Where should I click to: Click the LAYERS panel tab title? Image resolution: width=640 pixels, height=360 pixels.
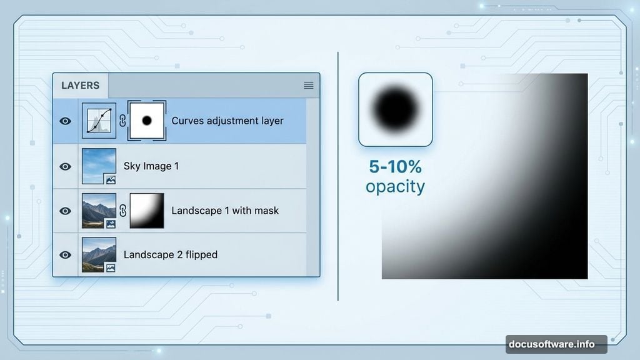80,86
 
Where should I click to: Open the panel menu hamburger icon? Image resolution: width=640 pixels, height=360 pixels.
308,86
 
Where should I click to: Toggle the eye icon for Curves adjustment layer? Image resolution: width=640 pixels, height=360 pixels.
65,121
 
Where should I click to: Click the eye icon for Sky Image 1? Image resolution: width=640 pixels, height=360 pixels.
65,167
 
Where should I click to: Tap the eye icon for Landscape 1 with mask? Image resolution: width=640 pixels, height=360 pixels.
65,211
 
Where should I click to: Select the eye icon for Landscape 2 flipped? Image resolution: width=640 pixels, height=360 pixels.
65,255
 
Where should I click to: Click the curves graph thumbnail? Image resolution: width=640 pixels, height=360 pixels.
99,121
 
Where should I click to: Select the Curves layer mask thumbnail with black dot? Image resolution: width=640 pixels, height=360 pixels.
147,121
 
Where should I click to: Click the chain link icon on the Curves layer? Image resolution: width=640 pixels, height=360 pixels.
122,121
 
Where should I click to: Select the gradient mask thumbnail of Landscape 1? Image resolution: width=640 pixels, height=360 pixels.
147,211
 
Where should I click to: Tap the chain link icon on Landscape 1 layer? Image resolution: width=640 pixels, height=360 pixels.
122,211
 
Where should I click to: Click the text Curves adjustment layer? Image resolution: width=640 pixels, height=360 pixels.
227,121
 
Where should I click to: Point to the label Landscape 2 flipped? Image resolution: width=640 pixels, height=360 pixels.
171,254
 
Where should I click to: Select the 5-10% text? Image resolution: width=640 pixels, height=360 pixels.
395,167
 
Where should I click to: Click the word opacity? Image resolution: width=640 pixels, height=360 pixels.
395,186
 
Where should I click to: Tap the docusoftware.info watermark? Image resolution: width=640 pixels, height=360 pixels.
556,344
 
